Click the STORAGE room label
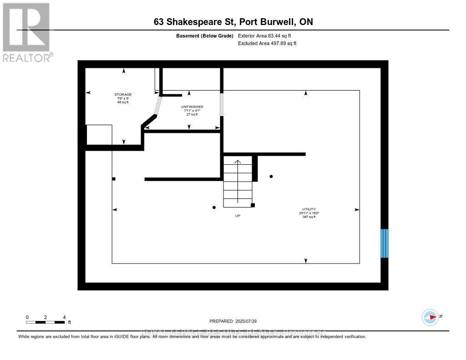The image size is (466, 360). pyautogui.click(x=123, y=94)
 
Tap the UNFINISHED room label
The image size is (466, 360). pyautogui.click(x=192, y=106)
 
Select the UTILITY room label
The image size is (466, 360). pyautogui.click(x=308, y=209)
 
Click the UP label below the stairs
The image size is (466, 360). pyautogui.click(x=238, y=216)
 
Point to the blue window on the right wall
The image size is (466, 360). pyautogui.click(x=384, y=243)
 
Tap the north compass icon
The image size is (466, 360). pyautogui.click(x=430, y=317)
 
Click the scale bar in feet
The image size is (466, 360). pyautogui.click(x=45, y=322)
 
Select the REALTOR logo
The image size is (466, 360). pyautogui.click(x=26, y=32)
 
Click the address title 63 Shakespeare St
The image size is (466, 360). pyautogui.click(x=233, y=22)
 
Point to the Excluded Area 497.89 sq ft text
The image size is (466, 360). pyautogui.click(x=267, y=44)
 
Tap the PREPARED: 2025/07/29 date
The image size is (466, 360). pyautogui.click(x=236, y=321)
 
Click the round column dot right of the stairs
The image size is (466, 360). pyautogui.click(x=271, y=176)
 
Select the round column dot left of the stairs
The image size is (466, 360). pyautogui.click(x=214, y=208)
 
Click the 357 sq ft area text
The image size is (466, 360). pyautogui.click(x=309, y=217)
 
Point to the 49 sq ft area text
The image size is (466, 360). pyautogui.click(x=123, y=102)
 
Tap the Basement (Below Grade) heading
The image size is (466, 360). pyautogui.click(x=205, y=35)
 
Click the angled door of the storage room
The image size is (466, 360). pyautogui.click(x=157, y=106)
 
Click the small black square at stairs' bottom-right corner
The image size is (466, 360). pyautogui.click(x=253, y=205)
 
